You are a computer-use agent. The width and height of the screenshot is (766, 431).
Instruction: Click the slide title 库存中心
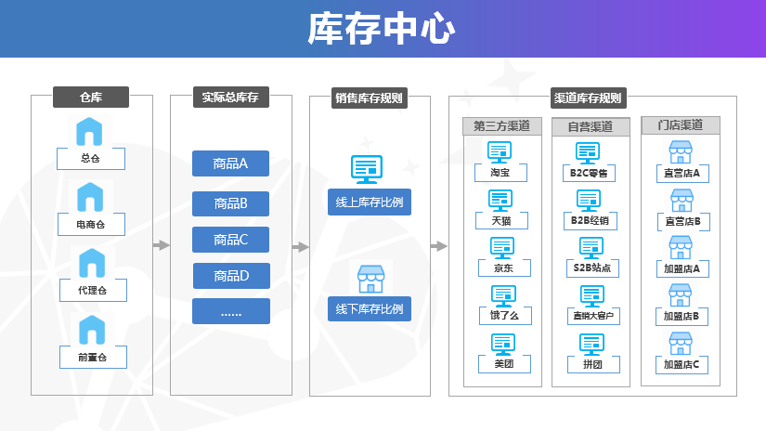tap(382, 29)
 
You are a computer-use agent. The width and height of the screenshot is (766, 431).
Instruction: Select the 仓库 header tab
tap(90, 97)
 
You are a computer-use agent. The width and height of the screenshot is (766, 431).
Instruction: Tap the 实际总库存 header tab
tap(230, 97)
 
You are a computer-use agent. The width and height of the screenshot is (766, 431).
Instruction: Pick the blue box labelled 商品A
tap(230, 163)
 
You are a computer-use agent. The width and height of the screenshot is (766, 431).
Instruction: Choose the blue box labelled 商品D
tap(230, 276)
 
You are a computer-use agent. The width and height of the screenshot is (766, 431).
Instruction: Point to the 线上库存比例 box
tap(369, 202)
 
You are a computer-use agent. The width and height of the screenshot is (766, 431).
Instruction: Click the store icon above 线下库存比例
tap(370, 278)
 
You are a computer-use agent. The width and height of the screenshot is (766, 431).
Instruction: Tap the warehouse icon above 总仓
tap(90, 131)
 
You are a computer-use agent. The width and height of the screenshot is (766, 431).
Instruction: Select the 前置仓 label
tap(90, 357)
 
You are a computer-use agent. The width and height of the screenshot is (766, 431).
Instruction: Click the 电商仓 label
tap(90, 225)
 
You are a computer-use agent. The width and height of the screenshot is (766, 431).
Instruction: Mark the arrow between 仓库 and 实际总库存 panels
tap(162, 246)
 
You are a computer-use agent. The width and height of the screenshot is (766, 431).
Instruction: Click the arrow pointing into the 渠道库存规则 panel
tap(438, 246)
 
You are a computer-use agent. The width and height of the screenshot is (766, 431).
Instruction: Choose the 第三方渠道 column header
tap(501, 126)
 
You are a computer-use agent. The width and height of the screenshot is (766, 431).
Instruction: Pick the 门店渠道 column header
tap(681, 124)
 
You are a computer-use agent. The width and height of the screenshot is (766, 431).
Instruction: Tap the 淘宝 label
tap(501, 172)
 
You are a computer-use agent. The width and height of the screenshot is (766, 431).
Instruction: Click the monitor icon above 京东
tap(501, 247)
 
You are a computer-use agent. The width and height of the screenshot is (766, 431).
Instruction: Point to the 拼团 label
tap(592, 364)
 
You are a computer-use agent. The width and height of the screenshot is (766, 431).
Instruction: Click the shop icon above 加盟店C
tap(682, 343)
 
